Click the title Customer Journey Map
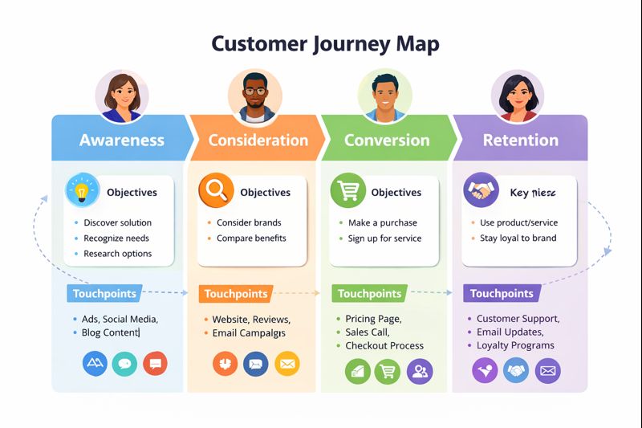(325, 43)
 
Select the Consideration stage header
(258, 140)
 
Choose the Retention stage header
(520, 140)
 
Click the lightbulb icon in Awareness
(81, 192)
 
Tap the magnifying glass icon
(215, 192)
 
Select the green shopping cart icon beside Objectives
(347, 192)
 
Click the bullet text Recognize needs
(116, 238)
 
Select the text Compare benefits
(251, 238)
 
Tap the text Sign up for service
(384, 238)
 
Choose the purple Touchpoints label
(502, 294)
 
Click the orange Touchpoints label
(236, 294)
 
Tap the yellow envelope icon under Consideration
(286, 364)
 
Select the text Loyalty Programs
(515, 345)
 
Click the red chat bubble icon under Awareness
(155, 364)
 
